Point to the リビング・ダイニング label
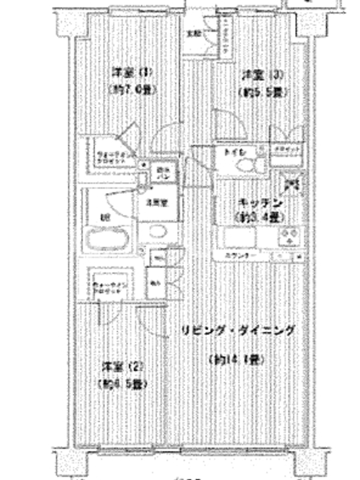point(238,331)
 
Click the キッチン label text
point(257,202)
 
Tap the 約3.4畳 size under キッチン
point(259,217)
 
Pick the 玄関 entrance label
point(193,33)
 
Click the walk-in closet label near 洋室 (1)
point(112,158)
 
